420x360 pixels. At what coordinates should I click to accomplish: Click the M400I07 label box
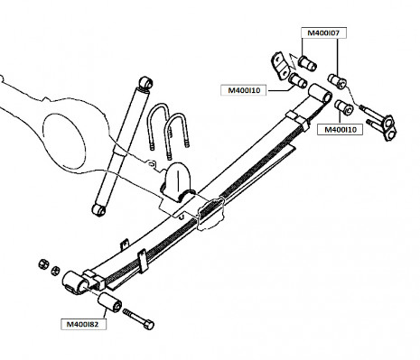click(x=323, y=33)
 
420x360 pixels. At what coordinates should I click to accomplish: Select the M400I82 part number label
click(x=83, y=324)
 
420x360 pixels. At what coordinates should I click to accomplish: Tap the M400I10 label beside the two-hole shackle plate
click(x=243, y=90)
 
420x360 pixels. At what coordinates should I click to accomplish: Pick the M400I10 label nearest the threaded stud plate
click(x=340, y=130)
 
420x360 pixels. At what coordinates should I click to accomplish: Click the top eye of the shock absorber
click(x=146, y=82)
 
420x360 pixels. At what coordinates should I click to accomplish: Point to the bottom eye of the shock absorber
click(x=98, y=209)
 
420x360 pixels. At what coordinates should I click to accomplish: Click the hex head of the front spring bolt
click(x=149, y=325)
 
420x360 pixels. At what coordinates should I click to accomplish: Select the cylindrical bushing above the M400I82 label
click(x=109, y=302)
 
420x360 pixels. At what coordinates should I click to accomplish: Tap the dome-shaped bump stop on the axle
click(x=178, y=181)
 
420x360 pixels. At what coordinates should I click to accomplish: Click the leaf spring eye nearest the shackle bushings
click(x=321, y=94)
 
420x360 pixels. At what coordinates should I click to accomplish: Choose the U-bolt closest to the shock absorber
click(x=158, y=126)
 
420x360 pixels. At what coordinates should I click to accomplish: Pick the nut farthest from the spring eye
click(x=43, y=263)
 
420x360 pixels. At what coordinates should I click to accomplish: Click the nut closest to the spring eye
click(x=55, y=271)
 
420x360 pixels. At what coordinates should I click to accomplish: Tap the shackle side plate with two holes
click(x=280, y=66)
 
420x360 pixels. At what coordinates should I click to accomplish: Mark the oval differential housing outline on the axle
click(x=64, y=141)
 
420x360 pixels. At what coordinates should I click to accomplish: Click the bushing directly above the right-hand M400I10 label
click(x=344, y=107)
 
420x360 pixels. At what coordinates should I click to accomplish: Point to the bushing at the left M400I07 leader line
click(x=307, y=63)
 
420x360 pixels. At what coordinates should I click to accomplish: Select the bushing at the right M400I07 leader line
click(x=337, y=81)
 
